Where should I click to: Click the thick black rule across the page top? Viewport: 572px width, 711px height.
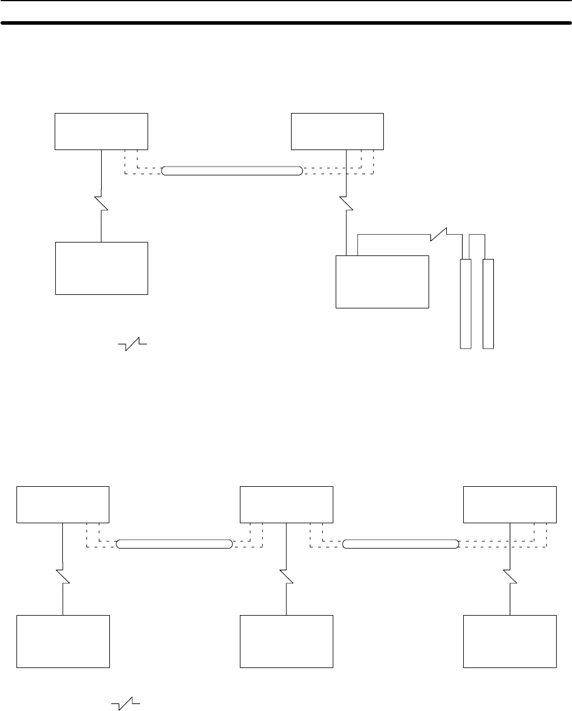286,24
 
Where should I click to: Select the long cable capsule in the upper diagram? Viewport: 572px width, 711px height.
232,171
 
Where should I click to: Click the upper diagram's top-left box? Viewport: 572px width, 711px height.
101,131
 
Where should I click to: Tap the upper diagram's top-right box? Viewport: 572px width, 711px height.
338,131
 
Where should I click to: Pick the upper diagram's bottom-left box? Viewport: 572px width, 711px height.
101,268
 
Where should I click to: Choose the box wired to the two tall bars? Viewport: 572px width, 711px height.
382,281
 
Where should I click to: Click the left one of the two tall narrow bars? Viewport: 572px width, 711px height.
466,303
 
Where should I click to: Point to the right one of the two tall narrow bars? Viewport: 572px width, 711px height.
488,303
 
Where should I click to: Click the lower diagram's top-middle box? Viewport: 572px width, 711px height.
286,504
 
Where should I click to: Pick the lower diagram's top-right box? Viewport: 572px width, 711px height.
510,504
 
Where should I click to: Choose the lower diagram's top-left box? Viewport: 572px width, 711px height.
63,504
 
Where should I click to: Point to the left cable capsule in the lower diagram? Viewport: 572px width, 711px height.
174,543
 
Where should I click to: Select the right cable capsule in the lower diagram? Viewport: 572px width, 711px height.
400,543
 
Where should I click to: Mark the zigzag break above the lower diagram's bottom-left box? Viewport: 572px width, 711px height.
63,576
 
